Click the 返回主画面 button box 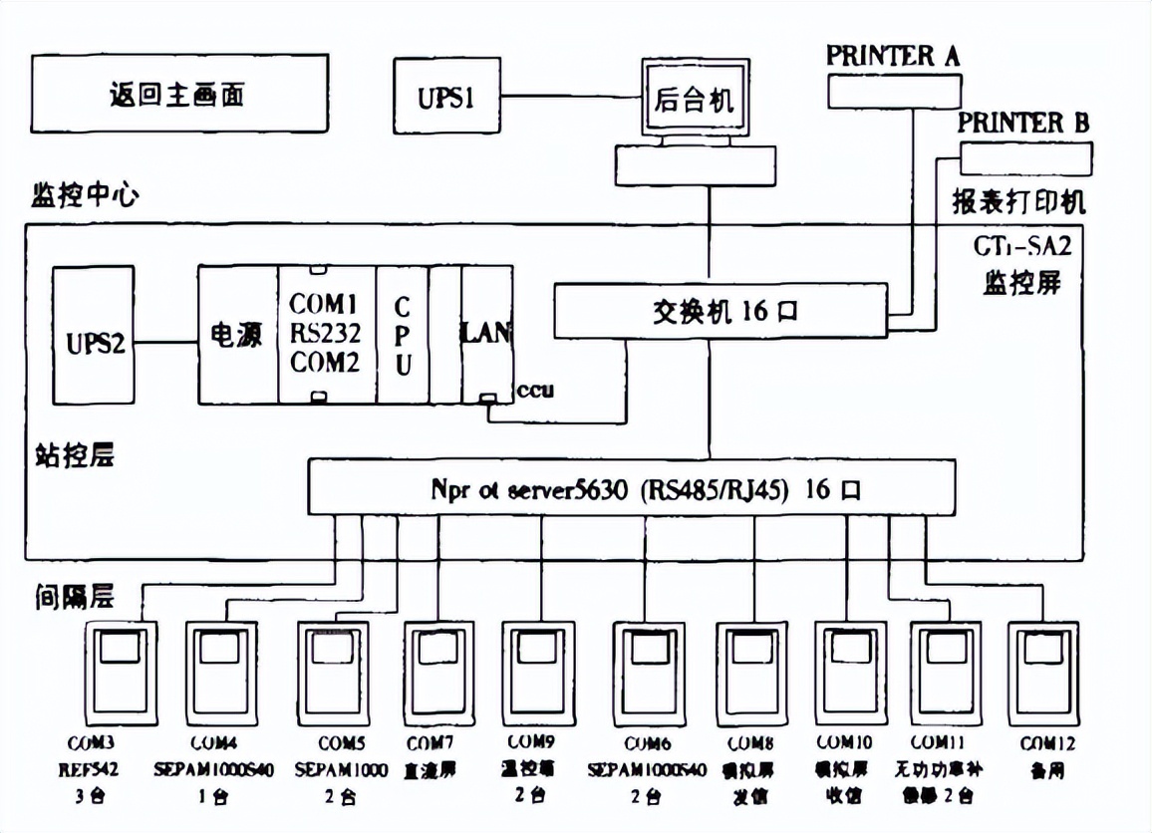178,96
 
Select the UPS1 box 446,98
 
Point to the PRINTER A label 892,57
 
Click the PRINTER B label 1023,124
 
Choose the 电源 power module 236,336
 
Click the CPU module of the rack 402,335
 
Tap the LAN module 485,334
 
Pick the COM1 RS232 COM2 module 325,335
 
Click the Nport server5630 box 630,489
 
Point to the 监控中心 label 86,193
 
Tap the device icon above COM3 121,673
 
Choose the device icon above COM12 1042,673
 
